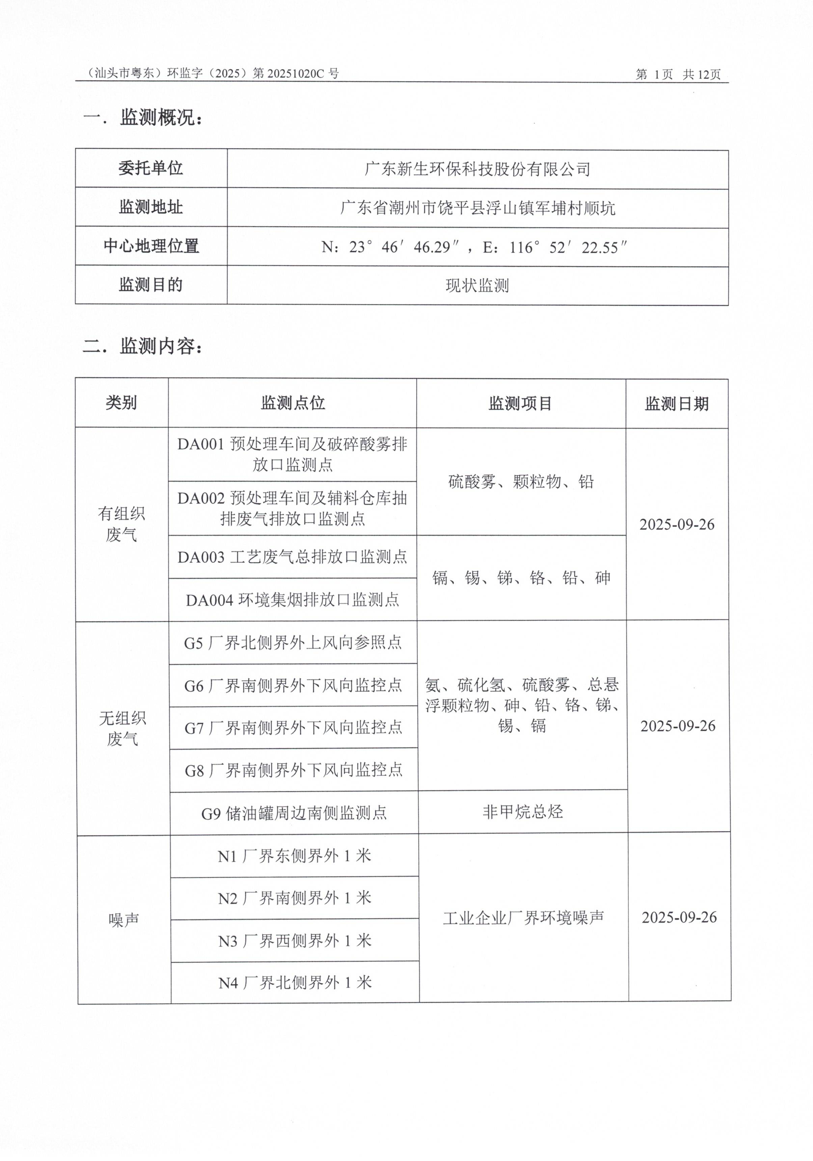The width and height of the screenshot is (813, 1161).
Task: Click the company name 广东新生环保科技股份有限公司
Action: pyautogui.click(x=477, y=169)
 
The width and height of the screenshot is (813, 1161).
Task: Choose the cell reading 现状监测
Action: pyautogui.click(x=477, y=286)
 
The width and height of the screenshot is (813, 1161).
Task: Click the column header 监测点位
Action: pyautogui.click(x=293, y=403)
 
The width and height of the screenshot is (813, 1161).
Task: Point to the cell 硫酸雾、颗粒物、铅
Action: pyautogui.click(x=521, y=482)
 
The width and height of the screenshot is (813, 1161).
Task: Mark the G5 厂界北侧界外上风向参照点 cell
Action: pyautogui.click(x=293, y=643)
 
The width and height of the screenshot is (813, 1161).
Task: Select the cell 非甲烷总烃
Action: pyautogui.click(x=522, y=812)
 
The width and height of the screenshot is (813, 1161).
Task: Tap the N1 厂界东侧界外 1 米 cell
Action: pyautogui.click(x=295, y=856)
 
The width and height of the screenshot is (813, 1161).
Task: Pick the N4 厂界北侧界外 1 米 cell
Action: pyautogui.click(x=295, y=983)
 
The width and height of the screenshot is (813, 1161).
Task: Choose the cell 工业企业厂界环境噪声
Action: pyautogui.click(x=523, y=918)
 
